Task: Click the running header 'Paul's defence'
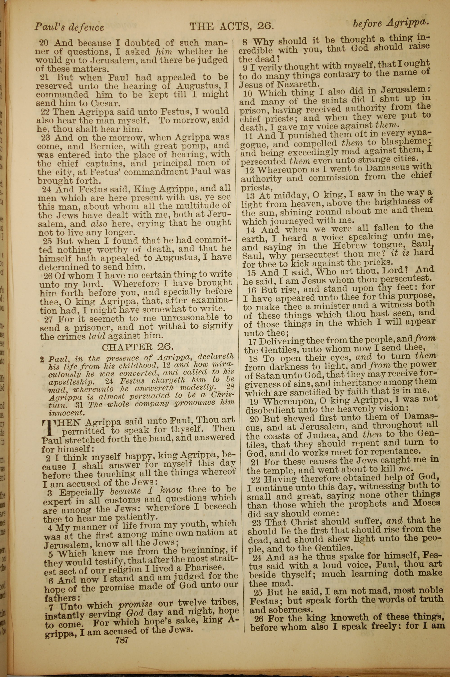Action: coord(69,27)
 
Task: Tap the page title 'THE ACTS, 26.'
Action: coord(232,27)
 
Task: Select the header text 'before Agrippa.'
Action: coord(390,24)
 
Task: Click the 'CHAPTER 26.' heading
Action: coord(138,347)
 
